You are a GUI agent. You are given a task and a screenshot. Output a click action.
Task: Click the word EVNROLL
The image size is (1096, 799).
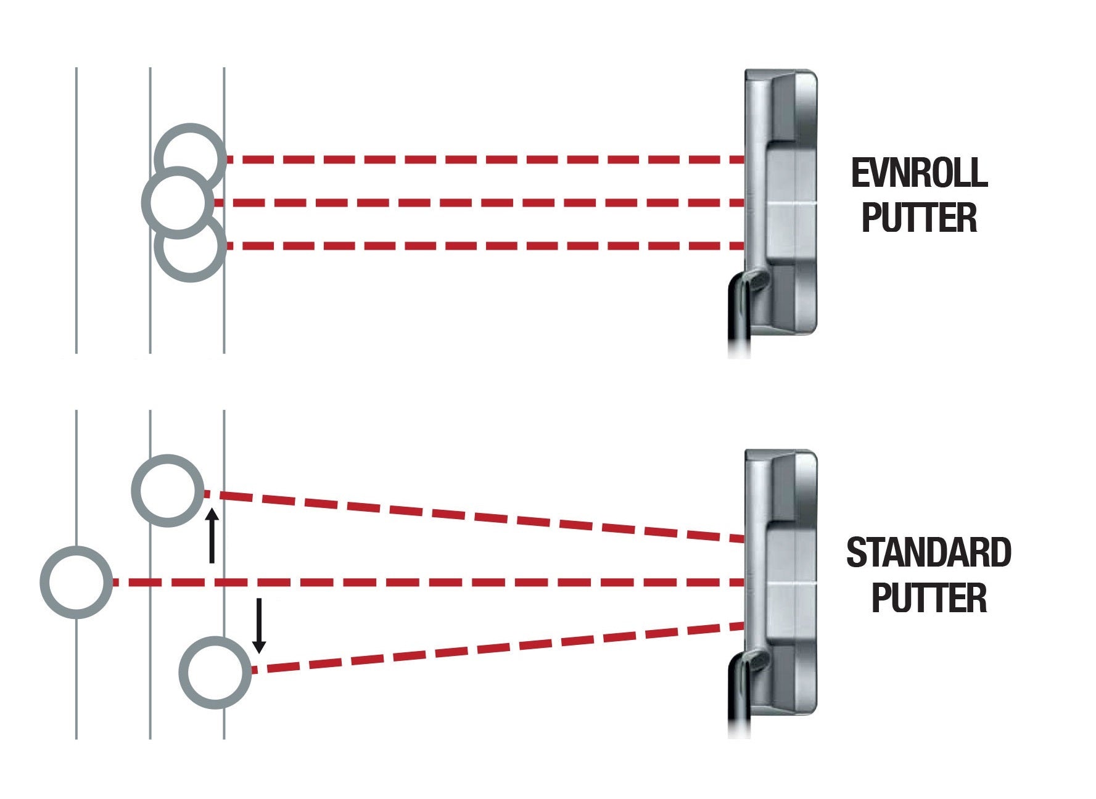[919, 173]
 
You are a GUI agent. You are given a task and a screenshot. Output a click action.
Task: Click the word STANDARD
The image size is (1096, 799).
[928, 553]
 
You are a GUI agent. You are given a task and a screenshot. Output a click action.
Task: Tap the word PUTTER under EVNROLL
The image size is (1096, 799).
[919, 218]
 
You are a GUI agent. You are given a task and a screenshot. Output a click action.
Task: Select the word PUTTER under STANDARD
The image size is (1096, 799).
[928, 598]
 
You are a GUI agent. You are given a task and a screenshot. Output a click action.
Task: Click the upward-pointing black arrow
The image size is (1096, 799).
[212, 535]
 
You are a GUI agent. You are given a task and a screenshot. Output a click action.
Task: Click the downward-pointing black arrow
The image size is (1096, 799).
[259, 625]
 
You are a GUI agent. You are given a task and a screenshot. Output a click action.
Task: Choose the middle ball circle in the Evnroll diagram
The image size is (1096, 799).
[178, 202]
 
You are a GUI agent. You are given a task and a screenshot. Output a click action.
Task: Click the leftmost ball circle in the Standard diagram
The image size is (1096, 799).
[76, 582]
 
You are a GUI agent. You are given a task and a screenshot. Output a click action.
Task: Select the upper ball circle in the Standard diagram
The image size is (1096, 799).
[168, 491]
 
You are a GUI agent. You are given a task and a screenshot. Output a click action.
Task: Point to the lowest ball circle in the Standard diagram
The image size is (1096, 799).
[215, 672]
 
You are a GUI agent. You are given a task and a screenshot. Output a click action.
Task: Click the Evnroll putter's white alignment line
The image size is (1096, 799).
[791, 203]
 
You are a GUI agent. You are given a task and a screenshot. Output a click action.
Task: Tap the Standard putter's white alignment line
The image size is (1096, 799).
[791, 583]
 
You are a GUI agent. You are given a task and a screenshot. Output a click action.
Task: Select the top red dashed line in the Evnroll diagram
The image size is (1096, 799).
[481, 160]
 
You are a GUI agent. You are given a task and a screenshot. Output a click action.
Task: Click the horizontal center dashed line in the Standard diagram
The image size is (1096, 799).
[432, 583]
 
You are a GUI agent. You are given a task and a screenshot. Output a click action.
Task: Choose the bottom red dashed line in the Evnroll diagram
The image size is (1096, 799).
[481, 246]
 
